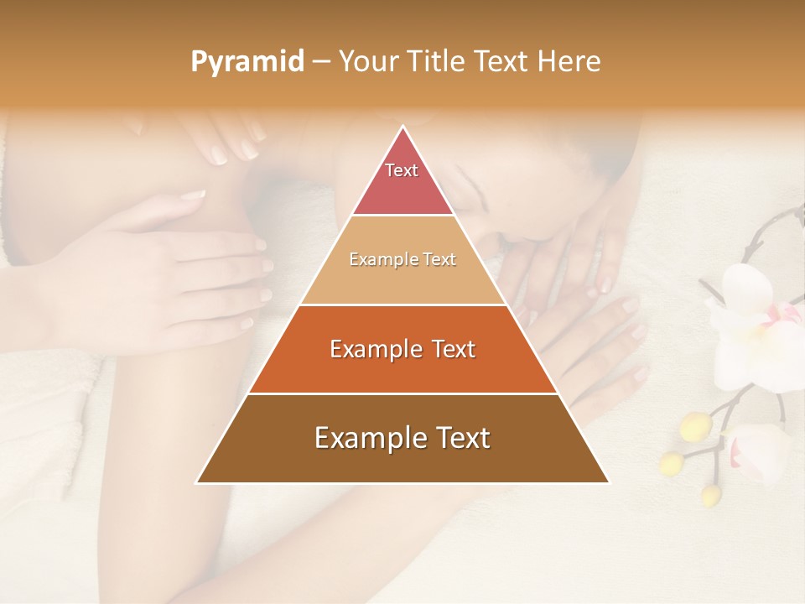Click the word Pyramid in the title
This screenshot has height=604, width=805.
point(247,62)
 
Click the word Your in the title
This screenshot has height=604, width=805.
point(366,62)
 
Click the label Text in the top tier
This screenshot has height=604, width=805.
point(402,170)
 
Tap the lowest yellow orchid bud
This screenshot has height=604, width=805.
point(711,495)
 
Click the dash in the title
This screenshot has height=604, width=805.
point(320,62)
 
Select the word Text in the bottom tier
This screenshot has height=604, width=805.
point(460,438)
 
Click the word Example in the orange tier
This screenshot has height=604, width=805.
point(372,349)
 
